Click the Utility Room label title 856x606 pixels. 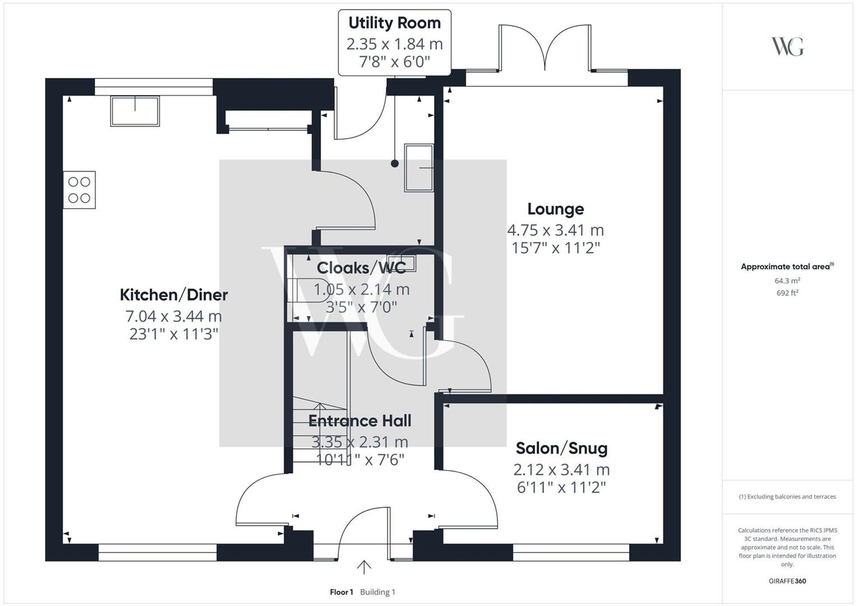(394, 23)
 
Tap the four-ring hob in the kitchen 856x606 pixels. (79, 190)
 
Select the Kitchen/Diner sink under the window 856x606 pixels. (135, 111)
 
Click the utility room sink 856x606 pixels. (419, 167)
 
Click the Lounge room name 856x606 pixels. (555, 209)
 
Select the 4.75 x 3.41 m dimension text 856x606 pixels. (555, 230)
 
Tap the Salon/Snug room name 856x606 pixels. (561, 448)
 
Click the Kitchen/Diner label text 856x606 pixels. (174, 295)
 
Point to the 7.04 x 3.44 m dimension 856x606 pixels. (174, 316)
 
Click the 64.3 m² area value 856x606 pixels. (787, 281)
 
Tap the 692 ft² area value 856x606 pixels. (787, 293)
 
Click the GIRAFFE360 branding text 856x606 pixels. (787, 581)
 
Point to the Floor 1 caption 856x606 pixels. (341, 592)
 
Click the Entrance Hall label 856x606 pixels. (360, 421)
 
